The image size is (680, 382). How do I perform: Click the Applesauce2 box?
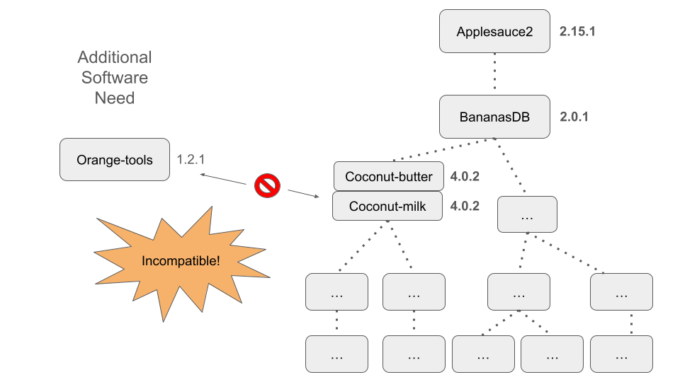[x=494, y=31]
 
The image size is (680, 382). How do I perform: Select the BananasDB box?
[x=494, y=117]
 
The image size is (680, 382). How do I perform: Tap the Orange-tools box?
[x=114, y=160]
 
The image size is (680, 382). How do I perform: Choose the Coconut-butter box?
[x=388, y=176]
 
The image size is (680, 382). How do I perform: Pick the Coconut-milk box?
[x=388, y=206]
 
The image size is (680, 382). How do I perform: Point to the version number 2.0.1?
[x=574, y=117]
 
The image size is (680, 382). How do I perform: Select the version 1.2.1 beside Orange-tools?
[x=191, y=160]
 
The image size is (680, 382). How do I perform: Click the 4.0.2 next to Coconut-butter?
[x=465, y=176]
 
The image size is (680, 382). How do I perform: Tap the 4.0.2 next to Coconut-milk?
[x=465, y=206]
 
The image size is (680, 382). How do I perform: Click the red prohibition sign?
[x=267, y=186]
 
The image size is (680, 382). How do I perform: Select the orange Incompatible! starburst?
[x=181, y=260]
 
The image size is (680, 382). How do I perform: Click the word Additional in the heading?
[x=115, y=57]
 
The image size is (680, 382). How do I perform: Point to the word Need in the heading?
[x=115, y=98]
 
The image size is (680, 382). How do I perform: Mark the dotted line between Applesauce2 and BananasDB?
[x=494, y=74]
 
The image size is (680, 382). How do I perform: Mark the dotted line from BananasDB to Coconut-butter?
[x=439, y=150]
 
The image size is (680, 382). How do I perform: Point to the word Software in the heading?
[x=115, y=78]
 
